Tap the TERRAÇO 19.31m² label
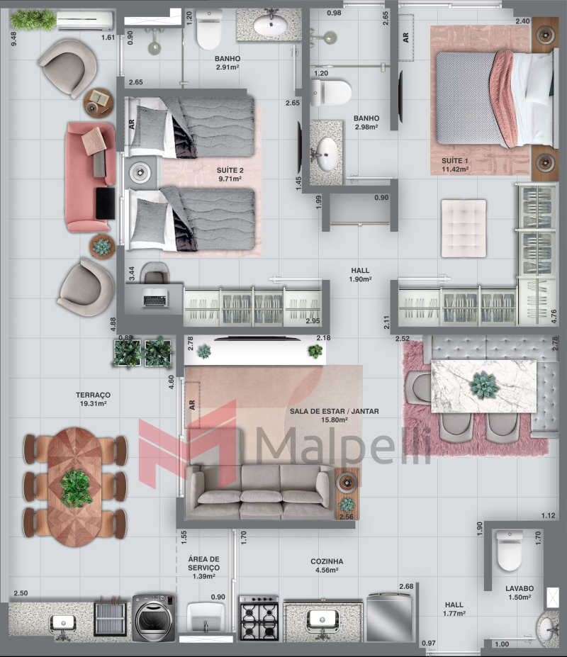[x=93, y=399]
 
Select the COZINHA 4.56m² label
[x=327, y=566]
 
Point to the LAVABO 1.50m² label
[x=520, y=593]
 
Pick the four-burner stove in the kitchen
[x=259, y=617]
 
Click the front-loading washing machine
[x=154, y=617]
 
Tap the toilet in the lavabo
[x=509, y=550]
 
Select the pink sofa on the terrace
[x=90, y=176]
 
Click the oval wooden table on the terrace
[x=75, y=487]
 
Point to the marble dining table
[x=483, y=386]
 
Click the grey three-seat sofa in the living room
[x=260, y=491]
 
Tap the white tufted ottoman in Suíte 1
[x=464, y=228]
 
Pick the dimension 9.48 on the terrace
[x=14, y=39]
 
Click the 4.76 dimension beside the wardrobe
[x=554, y=316]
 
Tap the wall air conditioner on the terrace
[x=84, y=21]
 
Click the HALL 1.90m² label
[x=360, y=275]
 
